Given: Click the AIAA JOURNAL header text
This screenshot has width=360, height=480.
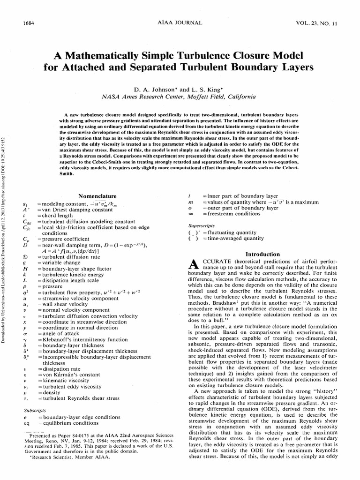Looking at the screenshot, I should click(x=180, y=22).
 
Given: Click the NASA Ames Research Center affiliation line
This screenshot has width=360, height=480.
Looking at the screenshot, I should click(x=180, y=97).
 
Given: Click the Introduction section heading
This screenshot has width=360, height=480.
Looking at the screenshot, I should click(x=262, y=254).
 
